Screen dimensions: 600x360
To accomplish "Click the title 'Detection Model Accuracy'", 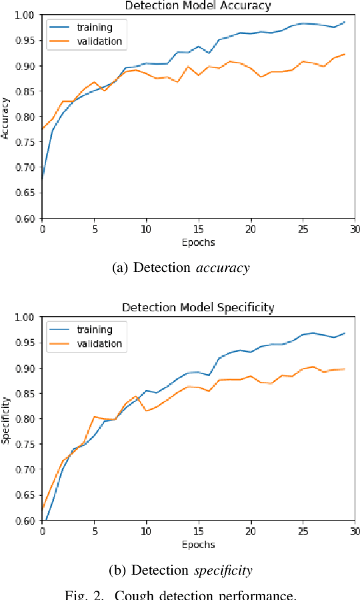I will [198, 5].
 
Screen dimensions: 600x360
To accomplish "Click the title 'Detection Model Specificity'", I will [198, 307].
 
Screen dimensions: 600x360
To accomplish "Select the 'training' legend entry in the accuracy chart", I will [94, 27].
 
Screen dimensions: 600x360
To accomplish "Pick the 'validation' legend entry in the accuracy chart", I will [99, 41].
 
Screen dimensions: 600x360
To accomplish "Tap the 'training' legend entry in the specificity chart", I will [94, 329].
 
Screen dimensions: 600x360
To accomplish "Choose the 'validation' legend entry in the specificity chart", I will [99, 343].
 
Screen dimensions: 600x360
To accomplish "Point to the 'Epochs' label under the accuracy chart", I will [198, 242].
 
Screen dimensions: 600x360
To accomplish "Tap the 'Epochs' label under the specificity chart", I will [198, 544].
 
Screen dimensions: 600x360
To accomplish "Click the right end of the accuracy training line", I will [345, 22].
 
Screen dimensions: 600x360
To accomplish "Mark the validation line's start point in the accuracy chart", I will [42, 129].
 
